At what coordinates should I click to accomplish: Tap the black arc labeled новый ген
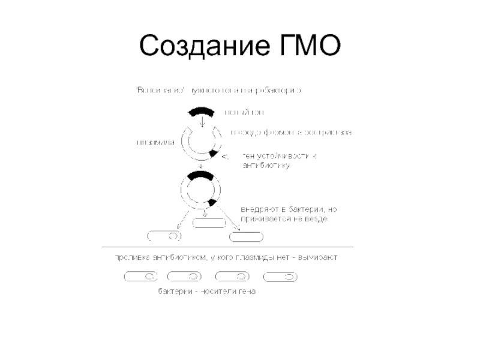pyautogui.click(x=202, y=112)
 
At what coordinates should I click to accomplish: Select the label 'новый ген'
pyautogui.click(x=244, y=112)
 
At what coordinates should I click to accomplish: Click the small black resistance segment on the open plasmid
pyautogui.click(x=213, y=154)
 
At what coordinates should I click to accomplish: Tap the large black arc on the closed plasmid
pyautogui.click(x=202, y=175)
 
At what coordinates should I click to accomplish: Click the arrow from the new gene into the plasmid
pyautogui.click(x=202, y=122)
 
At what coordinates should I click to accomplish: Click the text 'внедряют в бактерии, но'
pyautogui.click(x=289, y=210)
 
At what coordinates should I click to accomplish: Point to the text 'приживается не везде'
pyautogui.click(x=284, y=220)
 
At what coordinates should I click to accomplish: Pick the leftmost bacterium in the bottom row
pyautogui.click(x=140, y=277)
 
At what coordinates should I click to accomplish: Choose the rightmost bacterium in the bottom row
pyautogui.click(x=281, y=277)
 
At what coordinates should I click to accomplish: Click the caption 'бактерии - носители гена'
pyautogui.click(x=207, y=292)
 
